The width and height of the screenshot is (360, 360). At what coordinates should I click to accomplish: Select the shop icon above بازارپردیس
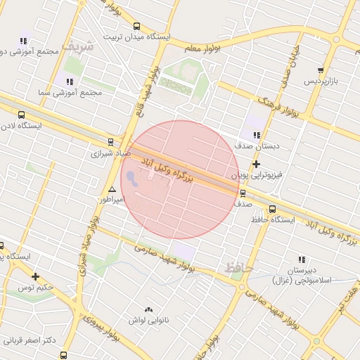click(321, 70)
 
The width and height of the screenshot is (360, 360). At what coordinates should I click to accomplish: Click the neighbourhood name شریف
click(77, 45)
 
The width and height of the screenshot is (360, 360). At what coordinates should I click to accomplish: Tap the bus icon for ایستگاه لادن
click(21, 115)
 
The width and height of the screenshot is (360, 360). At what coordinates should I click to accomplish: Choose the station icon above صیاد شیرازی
click(110, 141)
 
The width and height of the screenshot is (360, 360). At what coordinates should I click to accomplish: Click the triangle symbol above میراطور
click(112, 190)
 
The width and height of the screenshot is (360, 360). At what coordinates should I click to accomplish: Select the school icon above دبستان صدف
click(257, 135)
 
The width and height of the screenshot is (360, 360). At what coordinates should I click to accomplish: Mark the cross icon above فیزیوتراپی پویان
click(257, 164)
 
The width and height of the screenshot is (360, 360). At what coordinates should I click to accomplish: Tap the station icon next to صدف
click(243, 193)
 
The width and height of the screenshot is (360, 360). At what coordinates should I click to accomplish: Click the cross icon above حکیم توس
click(35, 276)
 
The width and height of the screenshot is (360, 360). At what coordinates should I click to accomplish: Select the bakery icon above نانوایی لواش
click(148, 309)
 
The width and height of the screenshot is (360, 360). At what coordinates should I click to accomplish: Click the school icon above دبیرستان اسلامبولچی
click(302, 259)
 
